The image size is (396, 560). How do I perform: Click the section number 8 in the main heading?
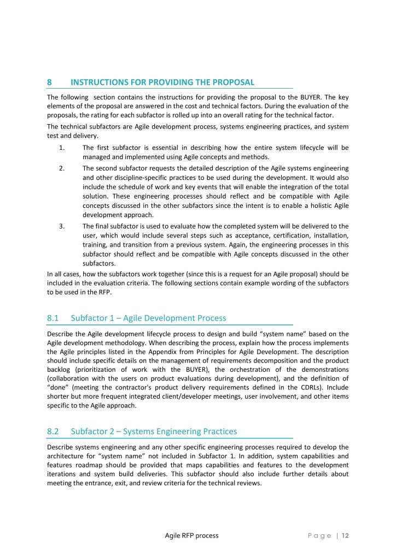click(x=49, y=83)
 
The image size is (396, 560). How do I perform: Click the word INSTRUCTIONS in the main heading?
click(x=98, y=83)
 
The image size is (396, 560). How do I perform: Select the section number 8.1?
click(x=54, y=318)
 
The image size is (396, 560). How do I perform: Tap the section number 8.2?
click(x=54, y=431)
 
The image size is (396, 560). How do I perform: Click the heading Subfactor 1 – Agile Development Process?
click(x=148, y=318)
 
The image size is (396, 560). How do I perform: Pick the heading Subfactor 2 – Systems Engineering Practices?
click(x=154, y=431)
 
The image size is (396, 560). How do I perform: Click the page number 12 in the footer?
click(x=345, y=536)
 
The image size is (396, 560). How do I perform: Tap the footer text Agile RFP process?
click(x=191, y=536)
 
